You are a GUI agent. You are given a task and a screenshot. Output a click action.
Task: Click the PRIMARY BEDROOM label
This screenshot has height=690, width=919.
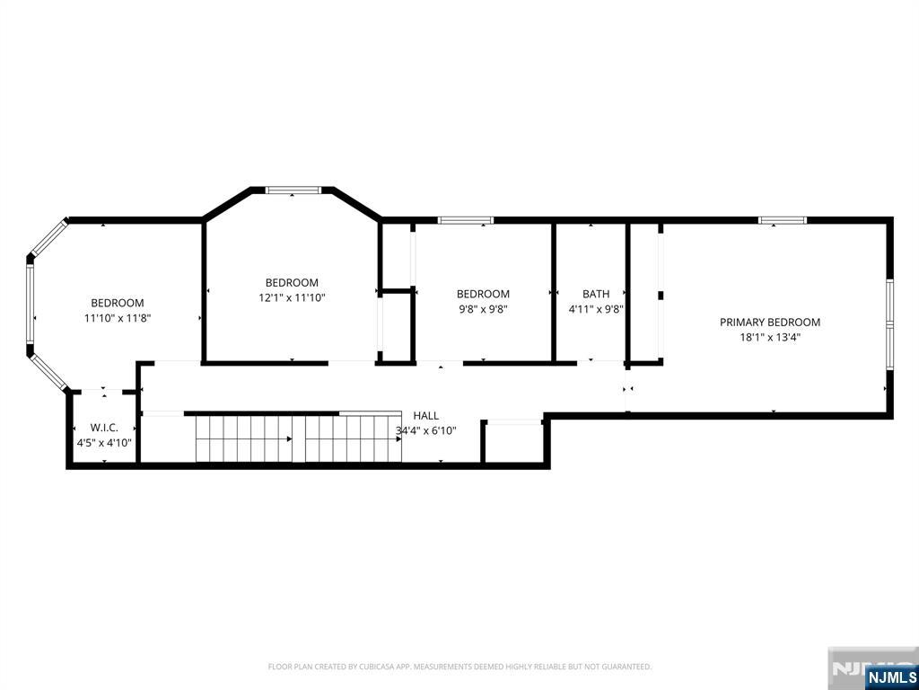pos(769,323)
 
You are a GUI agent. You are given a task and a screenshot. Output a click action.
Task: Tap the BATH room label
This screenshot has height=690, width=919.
pos(596,294)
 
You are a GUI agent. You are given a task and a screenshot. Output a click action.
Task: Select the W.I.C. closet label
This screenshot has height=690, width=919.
pos(104,428)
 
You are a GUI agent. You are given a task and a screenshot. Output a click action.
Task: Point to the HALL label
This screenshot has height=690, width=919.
pos(426,416)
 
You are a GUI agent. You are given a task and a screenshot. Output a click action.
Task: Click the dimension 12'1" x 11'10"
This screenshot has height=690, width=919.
pos(292,297)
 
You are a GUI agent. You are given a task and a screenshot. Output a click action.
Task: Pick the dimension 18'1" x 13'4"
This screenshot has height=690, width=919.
pos(769,338)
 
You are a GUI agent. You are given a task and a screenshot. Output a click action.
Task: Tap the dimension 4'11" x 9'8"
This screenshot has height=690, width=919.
pos(596,309)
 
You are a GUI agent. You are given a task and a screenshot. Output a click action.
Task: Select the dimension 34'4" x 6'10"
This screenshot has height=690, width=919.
pos(426,431)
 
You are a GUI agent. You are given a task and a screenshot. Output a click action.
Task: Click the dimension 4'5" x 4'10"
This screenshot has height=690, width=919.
pos(104,443)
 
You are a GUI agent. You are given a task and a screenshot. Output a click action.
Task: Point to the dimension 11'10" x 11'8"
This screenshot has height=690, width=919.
pos(118,319)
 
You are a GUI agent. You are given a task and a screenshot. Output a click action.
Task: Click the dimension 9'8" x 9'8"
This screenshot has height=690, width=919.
pos(483,309)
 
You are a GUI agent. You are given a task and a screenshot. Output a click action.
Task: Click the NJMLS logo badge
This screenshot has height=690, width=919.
pos(891,677)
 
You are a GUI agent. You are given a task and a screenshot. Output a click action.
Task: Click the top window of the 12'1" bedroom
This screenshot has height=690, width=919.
pos(293,190)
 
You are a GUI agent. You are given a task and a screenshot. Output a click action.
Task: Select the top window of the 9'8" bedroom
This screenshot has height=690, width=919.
pos(466,221)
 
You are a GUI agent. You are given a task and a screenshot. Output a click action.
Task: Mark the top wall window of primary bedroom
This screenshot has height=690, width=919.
pos(783,221)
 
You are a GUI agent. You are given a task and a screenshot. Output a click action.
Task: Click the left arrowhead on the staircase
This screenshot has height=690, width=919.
pos(289,438)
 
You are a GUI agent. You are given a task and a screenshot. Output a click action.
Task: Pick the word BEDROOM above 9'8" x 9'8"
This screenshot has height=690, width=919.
pos(483,294)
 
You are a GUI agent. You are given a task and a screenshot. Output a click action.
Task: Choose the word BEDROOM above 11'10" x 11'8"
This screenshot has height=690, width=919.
pos(118,304)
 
